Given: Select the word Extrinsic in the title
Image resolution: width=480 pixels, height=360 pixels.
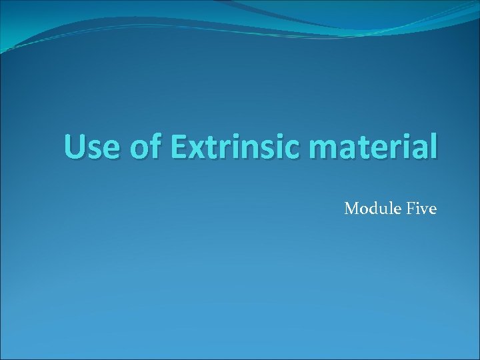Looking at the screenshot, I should tap(237, 147).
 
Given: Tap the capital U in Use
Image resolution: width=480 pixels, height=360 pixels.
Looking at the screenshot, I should tap(75, 147).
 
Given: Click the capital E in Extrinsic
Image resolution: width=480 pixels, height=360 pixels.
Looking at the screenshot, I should tap(178, 147).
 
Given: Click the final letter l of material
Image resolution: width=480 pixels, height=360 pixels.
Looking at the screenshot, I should tap(435, 146).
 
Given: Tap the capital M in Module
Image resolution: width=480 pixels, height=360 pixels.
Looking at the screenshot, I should tap(351, 209).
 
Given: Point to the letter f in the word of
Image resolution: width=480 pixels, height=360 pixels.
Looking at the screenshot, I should tap(155, 146).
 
